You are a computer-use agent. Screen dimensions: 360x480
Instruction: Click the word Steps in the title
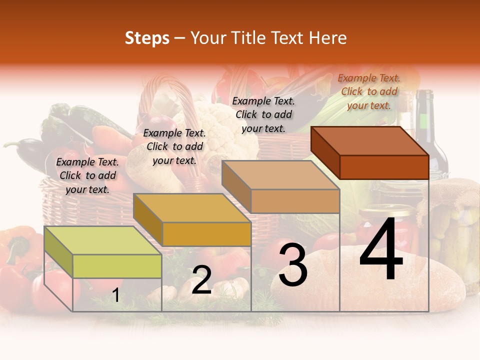(x=147, y=38)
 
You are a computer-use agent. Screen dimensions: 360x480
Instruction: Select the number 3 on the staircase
(x=293, y=265)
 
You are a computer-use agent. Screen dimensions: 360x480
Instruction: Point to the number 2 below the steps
(x=201, y=280)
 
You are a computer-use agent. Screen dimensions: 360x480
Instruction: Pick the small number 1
(x=115, y=295)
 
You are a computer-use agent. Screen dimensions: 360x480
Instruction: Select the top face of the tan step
(x=280, y=175)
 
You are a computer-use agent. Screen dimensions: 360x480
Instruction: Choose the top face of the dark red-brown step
(x=369, y=141)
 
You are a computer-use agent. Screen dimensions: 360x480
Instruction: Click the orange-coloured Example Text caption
(x=369, y=91)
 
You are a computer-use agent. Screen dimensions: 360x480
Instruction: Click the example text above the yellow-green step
(x=87, y=175)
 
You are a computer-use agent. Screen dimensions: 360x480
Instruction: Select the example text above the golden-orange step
(x=174, y=146)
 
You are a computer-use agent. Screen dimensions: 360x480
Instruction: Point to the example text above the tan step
(x=263, y=114)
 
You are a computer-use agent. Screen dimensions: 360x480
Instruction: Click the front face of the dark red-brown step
(x=384, y=167)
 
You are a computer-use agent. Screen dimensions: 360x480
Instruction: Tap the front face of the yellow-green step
(x=117, y=266)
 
